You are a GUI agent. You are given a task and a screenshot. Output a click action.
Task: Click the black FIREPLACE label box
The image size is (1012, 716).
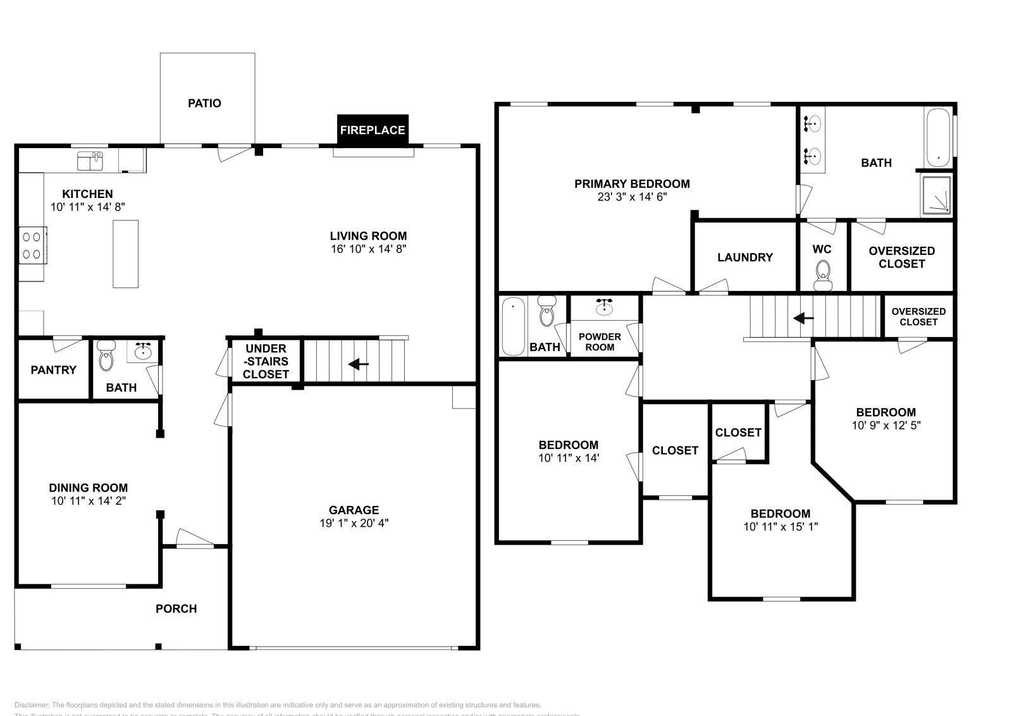coord(373,130)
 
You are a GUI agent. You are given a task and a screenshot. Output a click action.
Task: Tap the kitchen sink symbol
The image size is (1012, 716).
coord(90,161)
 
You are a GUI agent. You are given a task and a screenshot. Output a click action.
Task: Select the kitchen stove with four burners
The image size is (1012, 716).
coord(32,245)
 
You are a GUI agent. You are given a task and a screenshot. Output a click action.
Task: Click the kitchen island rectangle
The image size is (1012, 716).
coord(125,254)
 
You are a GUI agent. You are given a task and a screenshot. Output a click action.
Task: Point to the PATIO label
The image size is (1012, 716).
coord(204,103)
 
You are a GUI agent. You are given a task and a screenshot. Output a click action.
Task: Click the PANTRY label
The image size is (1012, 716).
coord(53,370)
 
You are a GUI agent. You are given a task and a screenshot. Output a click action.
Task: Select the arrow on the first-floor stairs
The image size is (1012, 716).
coord(359,364)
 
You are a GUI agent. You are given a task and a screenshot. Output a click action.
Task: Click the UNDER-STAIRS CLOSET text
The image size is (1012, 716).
coord(266,361)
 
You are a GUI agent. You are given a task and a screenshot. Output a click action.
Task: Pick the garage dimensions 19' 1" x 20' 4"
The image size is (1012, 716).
coord(354,523)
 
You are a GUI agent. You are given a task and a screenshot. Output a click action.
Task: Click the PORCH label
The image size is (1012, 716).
coord(176,608)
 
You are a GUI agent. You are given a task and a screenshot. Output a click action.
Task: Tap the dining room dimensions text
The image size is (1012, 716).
coord(89,500)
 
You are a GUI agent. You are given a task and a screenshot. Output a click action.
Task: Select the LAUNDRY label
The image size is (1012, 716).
coord(744,257)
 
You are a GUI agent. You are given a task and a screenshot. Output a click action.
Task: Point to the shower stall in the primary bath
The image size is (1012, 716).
coord(936,194)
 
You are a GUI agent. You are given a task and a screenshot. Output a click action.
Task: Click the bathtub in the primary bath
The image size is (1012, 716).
coord(937,137)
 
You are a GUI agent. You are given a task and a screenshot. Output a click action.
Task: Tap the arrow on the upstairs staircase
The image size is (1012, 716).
coord(803,318)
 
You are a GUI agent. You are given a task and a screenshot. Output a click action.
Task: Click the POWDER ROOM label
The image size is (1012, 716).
coord(600,342)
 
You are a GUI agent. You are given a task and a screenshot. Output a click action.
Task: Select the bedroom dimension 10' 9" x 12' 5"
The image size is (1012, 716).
coord(885,425)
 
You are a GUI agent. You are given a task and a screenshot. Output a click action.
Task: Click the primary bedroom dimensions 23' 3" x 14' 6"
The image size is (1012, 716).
coord(632,197)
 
